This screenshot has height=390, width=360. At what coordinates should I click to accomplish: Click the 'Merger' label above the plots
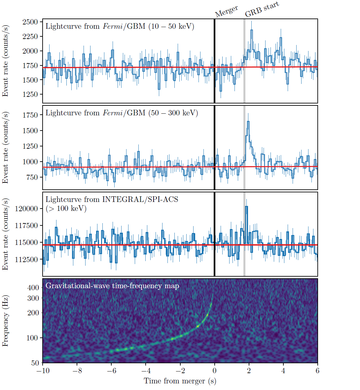point(226,12)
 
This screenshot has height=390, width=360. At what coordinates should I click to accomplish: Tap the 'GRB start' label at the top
point(262,9)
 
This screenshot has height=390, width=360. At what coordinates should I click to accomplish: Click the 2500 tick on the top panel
point(30,22)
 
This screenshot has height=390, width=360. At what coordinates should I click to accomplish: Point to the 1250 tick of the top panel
point(30,95)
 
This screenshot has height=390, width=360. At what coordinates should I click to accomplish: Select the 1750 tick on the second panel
point(30,115)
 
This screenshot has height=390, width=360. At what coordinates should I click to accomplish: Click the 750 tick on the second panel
point(32,177)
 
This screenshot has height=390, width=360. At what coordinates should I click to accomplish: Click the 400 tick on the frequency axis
point(33,288)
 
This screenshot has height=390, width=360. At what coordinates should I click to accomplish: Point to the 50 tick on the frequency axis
point(35,363)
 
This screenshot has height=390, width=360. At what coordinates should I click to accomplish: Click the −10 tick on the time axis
point(43,370)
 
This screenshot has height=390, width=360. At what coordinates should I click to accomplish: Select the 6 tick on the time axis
point(317,370)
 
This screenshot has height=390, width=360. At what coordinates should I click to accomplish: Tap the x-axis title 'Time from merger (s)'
point(180,381)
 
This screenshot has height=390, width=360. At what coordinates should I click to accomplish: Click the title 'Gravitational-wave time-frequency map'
point(112,286)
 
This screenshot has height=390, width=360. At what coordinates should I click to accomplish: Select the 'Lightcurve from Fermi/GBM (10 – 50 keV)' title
point(120,26)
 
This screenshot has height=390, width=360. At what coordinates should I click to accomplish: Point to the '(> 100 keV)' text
point(66,208)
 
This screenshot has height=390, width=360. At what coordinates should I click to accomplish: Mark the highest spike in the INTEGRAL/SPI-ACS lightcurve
point(246,207)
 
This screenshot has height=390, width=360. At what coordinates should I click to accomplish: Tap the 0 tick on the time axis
point(215,370)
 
